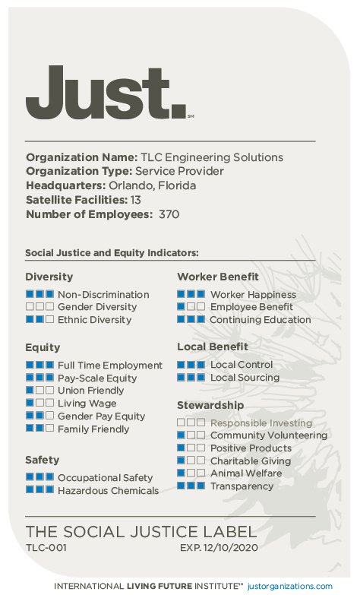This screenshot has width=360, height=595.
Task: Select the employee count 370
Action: [169, 214]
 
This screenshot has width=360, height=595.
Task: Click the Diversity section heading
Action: [49, 277]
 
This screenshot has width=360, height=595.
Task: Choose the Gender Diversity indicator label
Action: [97, 307]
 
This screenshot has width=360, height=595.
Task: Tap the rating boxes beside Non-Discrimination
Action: [39, 294]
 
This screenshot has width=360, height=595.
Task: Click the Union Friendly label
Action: [90, 391]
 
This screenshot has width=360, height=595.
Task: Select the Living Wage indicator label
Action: [87, 404]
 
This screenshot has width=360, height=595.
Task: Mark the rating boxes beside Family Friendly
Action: [39, 429]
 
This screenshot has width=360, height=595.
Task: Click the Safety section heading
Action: [42, 460]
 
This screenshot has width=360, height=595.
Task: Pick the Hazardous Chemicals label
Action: [108, 491]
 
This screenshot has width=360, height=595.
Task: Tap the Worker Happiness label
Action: [253, 294]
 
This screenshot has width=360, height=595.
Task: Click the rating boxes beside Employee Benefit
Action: [191, 307]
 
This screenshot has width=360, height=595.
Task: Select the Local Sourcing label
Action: [245, 378]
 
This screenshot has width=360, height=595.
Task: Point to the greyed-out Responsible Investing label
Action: [261, 423]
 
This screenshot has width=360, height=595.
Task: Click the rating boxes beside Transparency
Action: [191, 486]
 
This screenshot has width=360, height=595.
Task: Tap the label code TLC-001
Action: [46, 547]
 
